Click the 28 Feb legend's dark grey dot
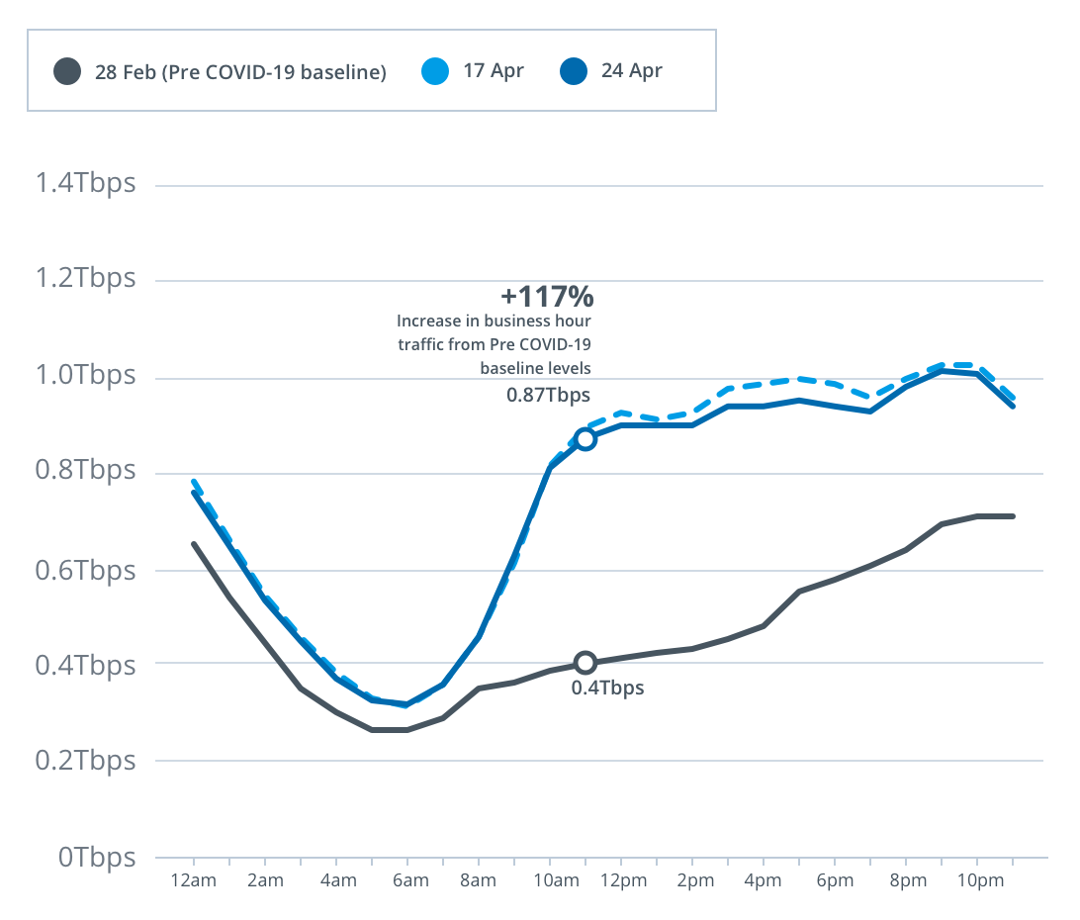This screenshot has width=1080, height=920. pyautogui.click(x=68, y=71)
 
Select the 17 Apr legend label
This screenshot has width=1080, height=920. pyautogui.click(x=493, y=71)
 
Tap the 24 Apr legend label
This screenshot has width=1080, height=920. pyautogui.click(x=631, y=71)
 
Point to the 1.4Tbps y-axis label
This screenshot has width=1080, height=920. pyautogui.click(x=84, y=184)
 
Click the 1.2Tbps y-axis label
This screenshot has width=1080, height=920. pyautogui.click(x=84, y=278)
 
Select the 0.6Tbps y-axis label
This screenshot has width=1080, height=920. pyautogui.click(x=84, y=570)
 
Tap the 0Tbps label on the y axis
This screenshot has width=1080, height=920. pyautogui.click(x=96, y=857)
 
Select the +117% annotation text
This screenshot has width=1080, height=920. pyautogui.click(x=546, y=295)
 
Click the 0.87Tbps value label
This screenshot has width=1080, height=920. pyautogui.click(x=548, y=395)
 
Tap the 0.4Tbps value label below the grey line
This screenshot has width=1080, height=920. pyautogui.click(x=607, y=688)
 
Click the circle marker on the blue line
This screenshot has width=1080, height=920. pyautogui.click(x=585, y=439)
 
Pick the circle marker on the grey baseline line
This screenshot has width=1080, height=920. pyautogui.click(x=585, y=662)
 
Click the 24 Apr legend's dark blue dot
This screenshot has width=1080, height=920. pyautogui.click(x=574, y=71)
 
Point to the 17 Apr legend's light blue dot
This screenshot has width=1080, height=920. pyautogui.click(x=435, y=71)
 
